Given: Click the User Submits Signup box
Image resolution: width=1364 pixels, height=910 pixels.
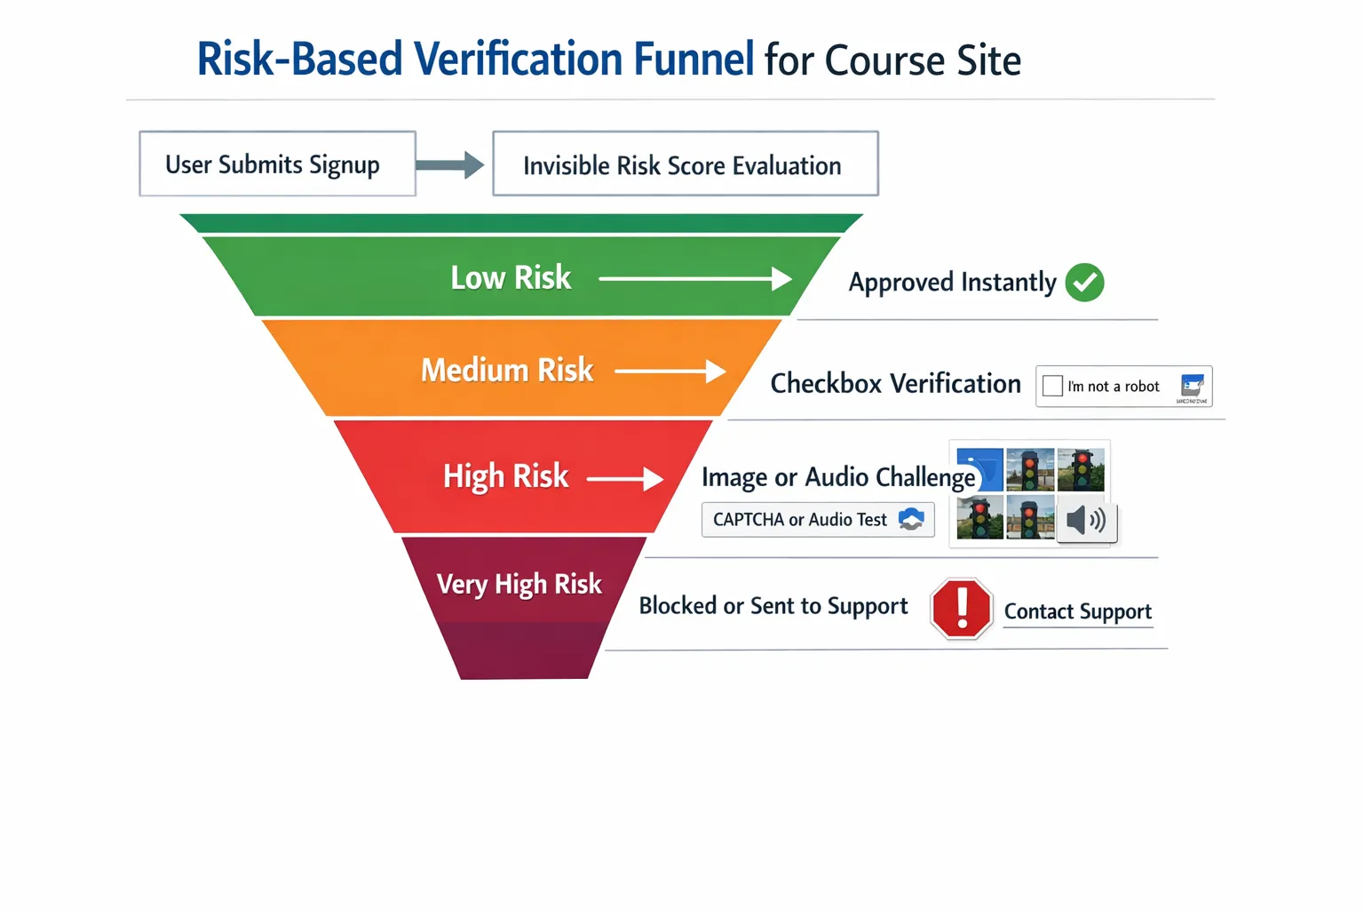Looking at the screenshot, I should click(x=277, y=164).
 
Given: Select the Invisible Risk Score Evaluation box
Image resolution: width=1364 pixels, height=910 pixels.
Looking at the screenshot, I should click(x=685, y=164).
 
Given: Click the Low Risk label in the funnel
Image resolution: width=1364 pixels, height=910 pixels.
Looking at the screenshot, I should click(x=511, y=278).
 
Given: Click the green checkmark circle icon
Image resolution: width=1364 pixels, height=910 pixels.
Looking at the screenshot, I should click(x=1084, y=283).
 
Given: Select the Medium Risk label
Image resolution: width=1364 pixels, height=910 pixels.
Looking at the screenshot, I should click(x=507, y=371).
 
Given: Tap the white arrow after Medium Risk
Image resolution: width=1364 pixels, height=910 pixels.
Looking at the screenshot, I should click(x=670, y=371).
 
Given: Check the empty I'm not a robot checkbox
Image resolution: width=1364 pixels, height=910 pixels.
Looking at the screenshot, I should click(x=1052, y=386).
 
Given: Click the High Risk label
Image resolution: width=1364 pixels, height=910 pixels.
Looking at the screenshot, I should click(x=505, y=476).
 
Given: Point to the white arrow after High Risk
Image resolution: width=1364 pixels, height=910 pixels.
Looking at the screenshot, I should click(x=625, y=479).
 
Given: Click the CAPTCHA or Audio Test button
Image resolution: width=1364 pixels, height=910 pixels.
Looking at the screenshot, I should click(x=817, y=520).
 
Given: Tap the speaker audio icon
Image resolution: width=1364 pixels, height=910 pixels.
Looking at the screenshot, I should click(x=1086, y=520).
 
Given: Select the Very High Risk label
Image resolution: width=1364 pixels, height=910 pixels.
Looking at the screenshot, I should click(x=519, y=584).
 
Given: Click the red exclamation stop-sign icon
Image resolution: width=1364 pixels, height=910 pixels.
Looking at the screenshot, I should click(x=961, y=609).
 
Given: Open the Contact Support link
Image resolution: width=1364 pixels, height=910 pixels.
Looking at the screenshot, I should click(x=1077, y=611).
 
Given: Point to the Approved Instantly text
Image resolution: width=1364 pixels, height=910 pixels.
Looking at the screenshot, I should click(x=952, y=283).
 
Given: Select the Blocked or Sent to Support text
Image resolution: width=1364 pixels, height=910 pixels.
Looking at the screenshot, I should click(x=773, y=606).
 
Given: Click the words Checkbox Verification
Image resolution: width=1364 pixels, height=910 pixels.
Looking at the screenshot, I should click(x=895, y=384).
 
